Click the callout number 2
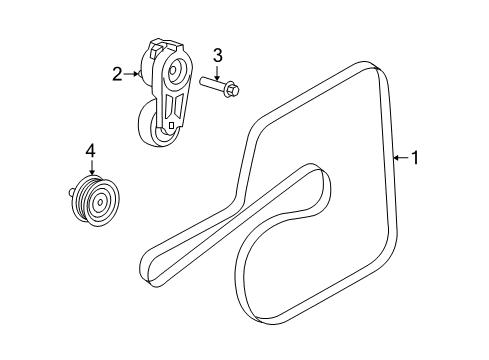118,73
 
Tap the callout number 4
91,151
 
